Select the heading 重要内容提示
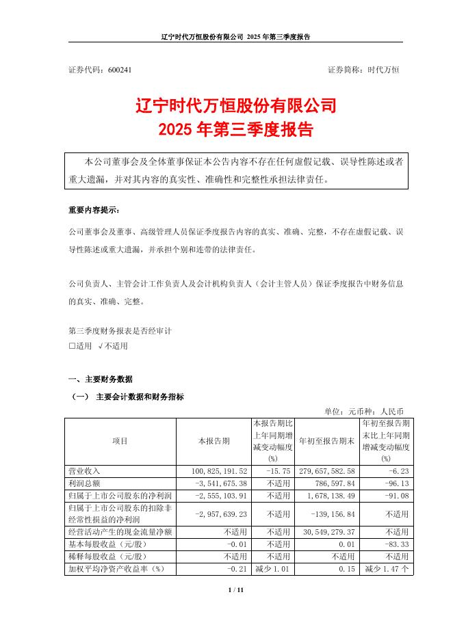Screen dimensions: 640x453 (x=93, y=210)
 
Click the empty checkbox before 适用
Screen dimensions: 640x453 (x=72, y=346)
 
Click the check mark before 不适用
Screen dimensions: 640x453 (x=100, y=346)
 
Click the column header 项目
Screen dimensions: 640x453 (x=120, y=442)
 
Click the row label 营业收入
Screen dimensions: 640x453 (x=85, y=472)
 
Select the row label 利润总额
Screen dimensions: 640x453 (x=85, y=483)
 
